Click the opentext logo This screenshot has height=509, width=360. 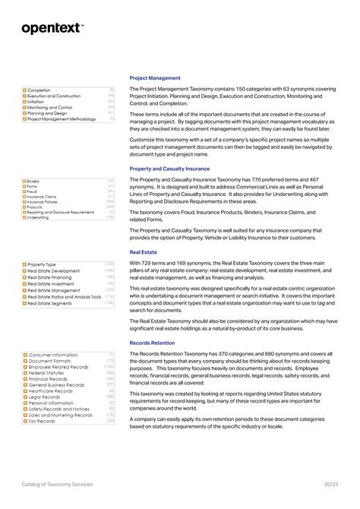[52, 28]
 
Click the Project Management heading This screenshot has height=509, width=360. [155, 77]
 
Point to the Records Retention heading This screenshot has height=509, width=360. [153, 343]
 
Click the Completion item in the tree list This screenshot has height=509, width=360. [39, 90]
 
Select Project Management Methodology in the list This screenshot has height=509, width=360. [62, 119]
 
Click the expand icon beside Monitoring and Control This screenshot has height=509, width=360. [24, 108]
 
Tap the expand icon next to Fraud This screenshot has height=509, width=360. [24, 191]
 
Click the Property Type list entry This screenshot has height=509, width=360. [42, 264]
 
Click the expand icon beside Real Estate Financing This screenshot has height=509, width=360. [24, 277]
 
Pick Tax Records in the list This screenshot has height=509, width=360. [42, 420]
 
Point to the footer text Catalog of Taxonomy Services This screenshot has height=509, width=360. [57, 484]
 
